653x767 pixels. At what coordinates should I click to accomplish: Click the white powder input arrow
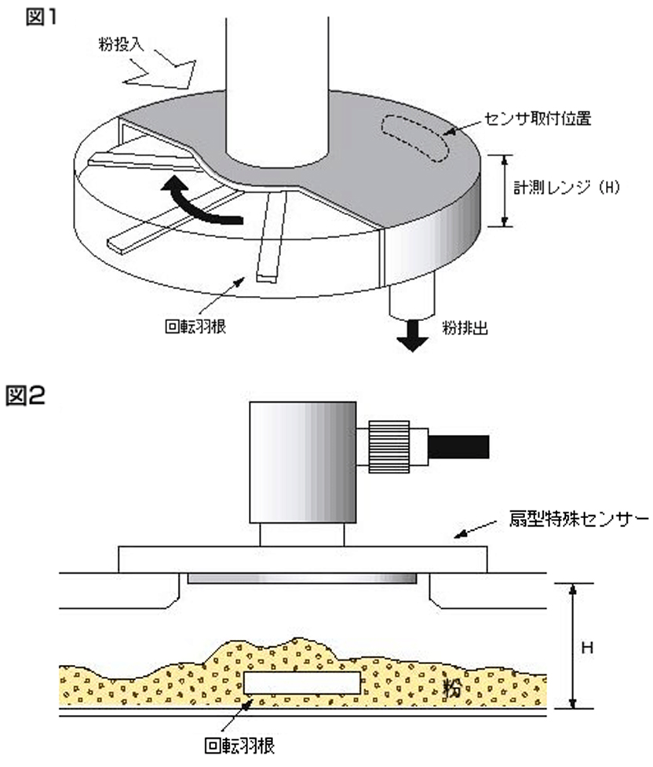point(162,71)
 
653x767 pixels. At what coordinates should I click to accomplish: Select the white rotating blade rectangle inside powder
point(301,681)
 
